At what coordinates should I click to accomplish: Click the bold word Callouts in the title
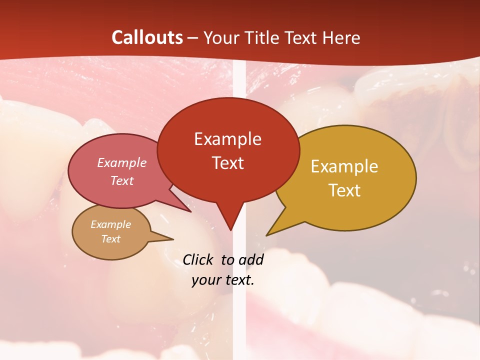point(147,37)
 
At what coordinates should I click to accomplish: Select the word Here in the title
point(341,37)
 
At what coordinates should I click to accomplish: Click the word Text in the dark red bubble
point(227,163)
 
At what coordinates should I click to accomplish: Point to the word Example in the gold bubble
point(344,166)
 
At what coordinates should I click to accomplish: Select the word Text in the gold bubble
point(344,190)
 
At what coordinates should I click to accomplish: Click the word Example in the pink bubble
point(121,162)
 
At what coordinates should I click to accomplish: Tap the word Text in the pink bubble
point(121,180)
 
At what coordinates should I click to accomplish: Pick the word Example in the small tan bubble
point(110,224)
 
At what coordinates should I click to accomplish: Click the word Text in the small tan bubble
point(110,239)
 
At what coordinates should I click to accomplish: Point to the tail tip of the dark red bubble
point(230,230)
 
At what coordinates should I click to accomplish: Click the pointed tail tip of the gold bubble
point(266,235)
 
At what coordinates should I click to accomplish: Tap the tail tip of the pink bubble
point(191,211)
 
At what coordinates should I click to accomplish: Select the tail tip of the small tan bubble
point(173,238)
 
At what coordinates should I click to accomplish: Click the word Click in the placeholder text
point(199,259)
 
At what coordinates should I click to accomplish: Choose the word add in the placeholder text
point(251,259)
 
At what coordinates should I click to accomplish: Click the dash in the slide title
point(193,37)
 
